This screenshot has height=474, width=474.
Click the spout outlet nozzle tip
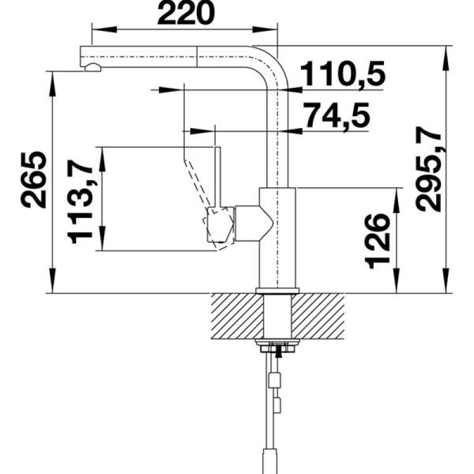click(92, 68)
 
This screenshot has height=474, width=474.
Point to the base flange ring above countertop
click(277, 290)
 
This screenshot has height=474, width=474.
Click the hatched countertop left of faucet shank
click(235, 313)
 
